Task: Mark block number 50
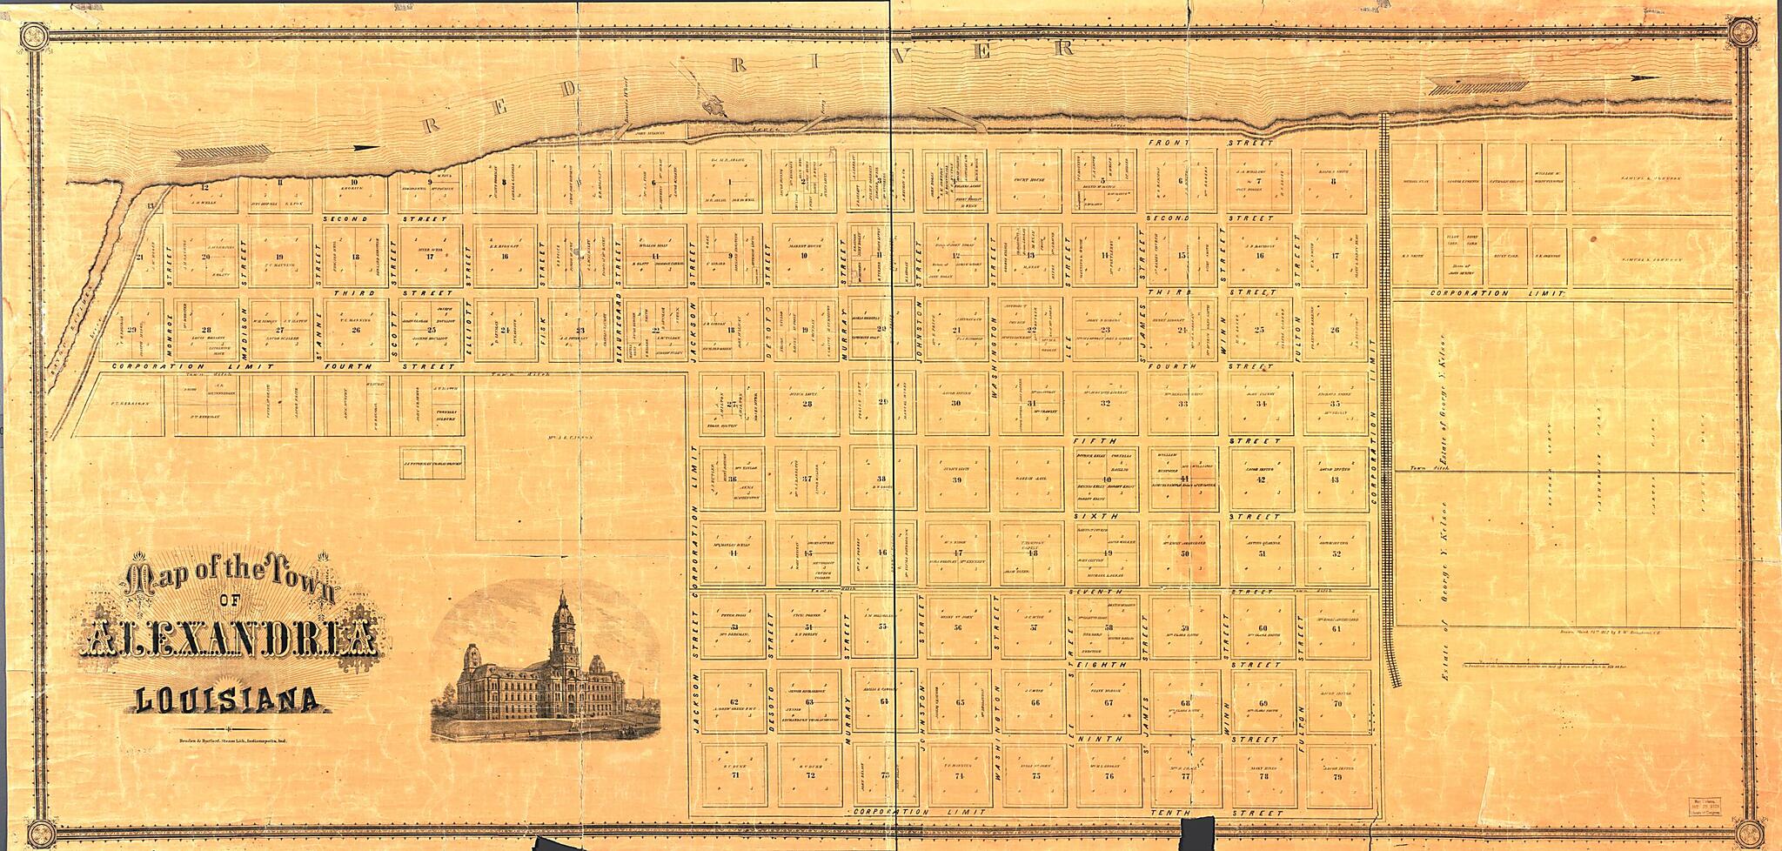[x=1185, y=553]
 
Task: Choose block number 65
[x=961, y=702]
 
